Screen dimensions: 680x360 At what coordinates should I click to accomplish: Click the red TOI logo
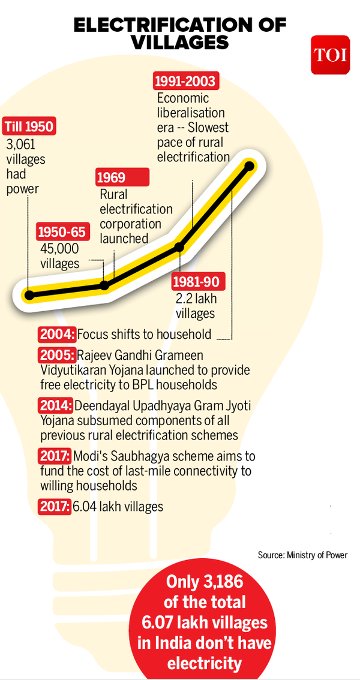coord(329,55)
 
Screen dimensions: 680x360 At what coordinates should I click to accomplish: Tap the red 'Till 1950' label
coord(29,127)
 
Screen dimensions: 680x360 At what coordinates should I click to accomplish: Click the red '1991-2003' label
coord(185,80)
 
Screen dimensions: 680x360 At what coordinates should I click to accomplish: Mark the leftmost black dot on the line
coord(29,294)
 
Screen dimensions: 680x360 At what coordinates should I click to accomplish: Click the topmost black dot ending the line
coord(250,166)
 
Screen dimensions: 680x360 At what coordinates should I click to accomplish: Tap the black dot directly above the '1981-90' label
coord(179,246)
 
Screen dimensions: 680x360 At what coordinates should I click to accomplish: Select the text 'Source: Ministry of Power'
coord(302,555)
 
